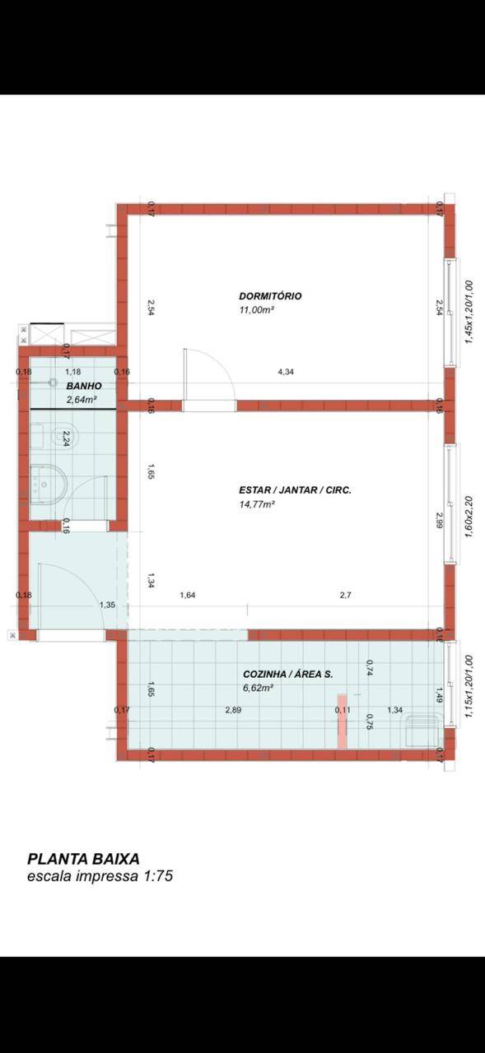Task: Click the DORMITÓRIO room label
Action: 270,296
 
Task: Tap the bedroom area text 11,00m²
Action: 257,310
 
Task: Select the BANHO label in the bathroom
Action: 84,386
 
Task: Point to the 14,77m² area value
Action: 257,504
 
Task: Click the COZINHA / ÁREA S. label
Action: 288,674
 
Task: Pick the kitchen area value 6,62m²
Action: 259,688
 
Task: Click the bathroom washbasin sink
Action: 49,485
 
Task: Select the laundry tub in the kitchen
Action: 422,731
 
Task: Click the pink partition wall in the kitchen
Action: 342,721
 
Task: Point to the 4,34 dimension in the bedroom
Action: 286,372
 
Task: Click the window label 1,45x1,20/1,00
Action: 469,313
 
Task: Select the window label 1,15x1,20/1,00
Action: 469,687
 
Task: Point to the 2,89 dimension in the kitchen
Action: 233,710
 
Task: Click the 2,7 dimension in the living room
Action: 345,595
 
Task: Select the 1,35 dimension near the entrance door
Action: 107,605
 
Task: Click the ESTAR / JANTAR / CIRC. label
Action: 295,490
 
